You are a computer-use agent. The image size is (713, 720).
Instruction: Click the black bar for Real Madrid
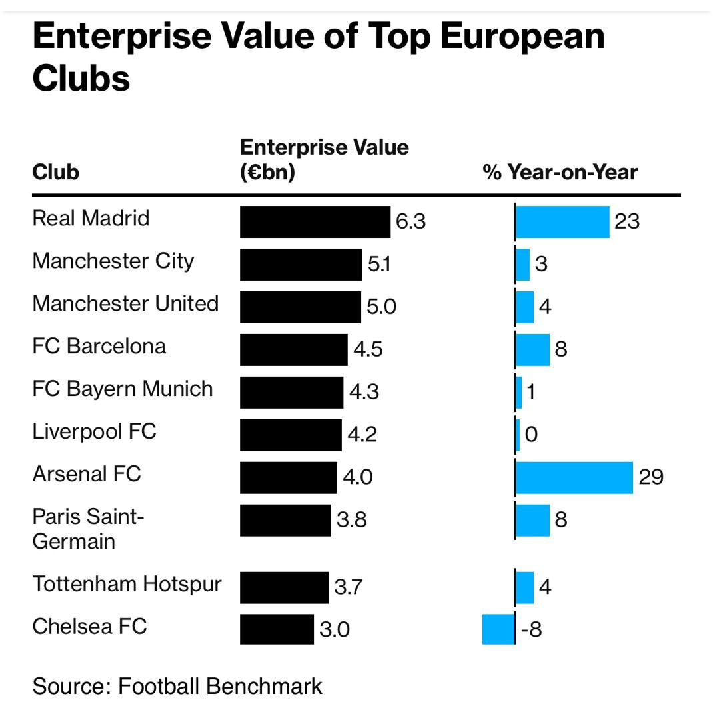[315, 222]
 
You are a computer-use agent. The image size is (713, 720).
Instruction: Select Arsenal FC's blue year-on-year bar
[574, 478]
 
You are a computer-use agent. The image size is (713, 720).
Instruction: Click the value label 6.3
[410, 222]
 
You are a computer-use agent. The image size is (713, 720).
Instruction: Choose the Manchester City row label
[113, 261]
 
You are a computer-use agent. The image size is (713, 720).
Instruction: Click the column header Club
[55, 173]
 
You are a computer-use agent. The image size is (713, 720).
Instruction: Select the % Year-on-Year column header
[560, 173]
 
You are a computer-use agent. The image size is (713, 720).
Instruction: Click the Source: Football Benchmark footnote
[177, 687]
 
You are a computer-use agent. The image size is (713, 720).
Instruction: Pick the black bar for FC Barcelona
[293, 350]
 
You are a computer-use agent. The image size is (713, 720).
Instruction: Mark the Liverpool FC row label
[94, 431]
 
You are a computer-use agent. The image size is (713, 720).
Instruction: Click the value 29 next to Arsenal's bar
[650, 478]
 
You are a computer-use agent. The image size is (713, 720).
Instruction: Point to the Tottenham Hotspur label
[127, 585]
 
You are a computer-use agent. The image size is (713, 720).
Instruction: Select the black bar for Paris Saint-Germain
[285, 521]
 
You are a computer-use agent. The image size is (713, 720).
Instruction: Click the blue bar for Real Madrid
[562, 222]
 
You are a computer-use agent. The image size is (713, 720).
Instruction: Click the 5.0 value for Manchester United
[381, 307]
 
